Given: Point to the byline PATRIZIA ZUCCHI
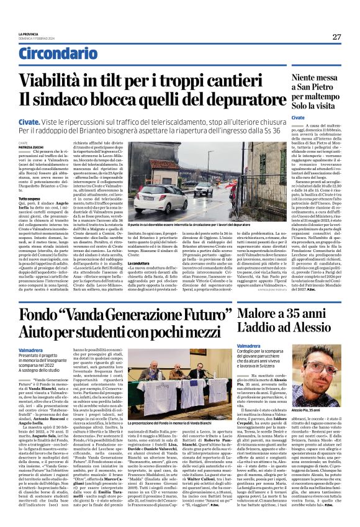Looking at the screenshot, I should [30, 146].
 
